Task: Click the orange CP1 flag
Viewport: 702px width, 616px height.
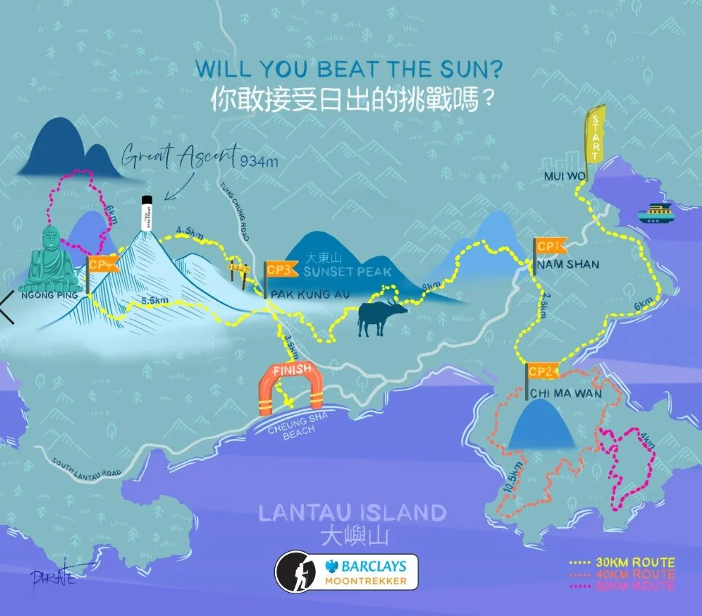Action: coord(550,247)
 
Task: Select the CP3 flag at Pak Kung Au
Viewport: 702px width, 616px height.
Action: coord(280,270)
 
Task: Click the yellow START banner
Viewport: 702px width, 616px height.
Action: coord(596,138)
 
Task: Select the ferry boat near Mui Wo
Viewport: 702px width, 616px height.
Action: coord(656,213)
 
